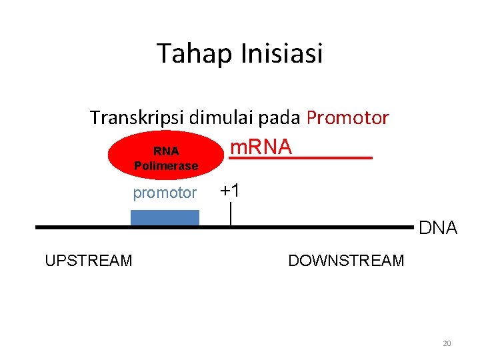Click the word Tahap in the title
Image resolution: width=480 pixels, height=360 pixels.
[x=189, y=53]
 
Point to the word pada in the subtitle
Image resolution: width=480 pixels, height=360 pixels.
[x=281, y=119]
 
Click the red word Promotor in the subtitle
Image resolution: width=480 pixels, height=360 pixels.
[x=348, y=118]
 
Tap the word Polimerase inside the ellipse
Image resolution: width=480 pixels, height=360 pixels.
[x=166, y=166]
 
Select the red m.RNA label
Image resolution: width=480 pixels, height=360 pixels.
[x=261, y=147]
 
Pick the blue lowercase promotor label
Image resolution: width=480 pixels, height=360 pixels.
[x=165, y=193]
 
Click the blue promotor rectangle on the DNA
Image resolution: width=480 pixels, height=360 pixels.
[x=165, y=218]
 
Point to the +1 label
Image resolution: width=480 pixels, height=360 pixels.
[x=230, y=191]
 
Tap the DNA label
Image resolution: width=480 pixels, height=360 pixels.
[x=438, y=229]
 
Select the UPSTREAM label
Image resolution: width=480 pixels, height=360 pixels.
[x=89, y=261]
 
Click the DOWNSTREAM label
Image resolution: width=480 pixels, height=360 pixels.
[x=346, y=261]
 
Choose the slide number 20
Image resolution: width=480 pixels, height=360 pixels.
[x=447, y=343]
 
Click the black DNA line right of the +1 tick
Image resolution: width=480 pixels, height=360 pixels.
[x=320, y=227]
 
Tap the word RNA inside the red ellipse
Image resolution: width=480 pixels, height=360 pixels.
[x=166, y=151]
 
